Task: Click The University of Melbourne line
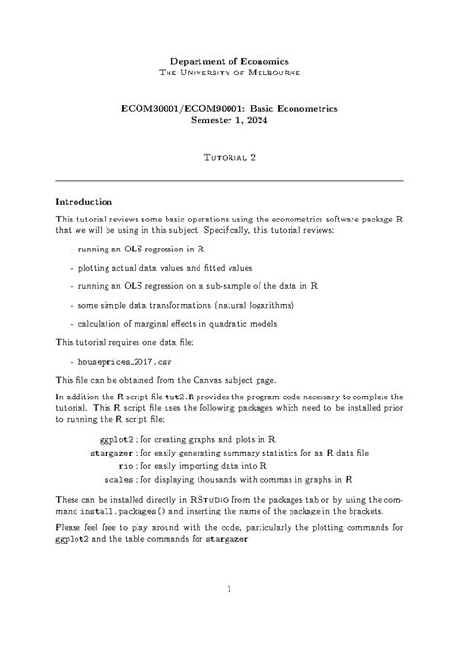coord(229,73)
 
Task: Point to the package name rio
coord(125,464)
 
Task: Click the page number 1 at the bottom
coord(229,589)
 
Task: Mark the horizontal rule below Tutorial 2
coord(229,180)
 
